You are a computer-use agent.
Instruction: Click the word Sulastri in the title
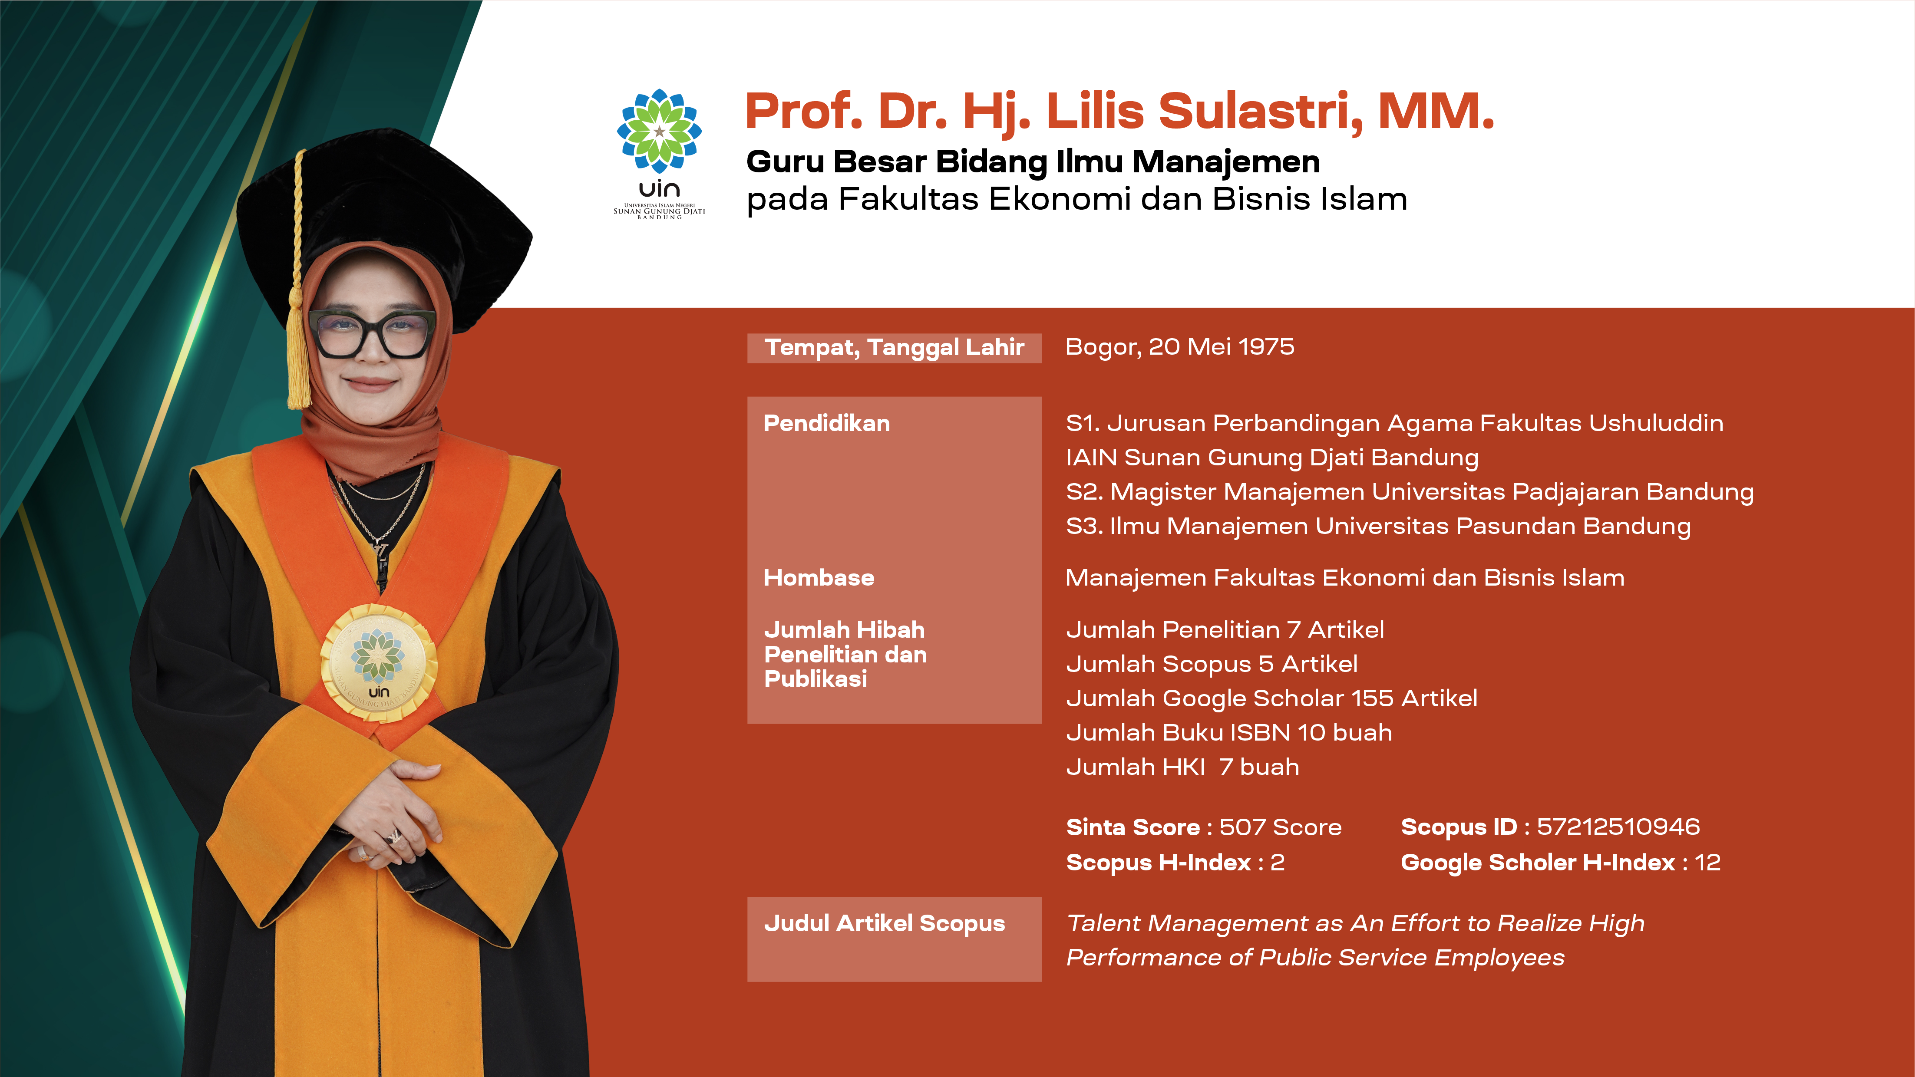[x=1260, y=112]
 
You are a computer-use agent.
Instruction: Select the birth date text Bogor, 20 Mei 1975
[x=1180, y=347]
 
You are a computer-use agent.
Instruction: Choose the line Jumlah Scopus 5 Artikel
[x=1212, y=664]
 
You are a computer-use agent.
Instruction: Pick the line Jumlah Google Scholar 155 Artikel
[x=1271, y=698]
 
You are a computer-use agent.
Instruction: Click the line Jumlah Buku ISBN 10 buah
[x=1229, y=732]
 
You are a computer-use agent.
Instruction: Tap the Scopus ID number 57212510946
[x=1618, y=827]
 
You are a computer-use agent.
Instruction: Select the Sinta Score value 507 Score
[x=1280, y=827]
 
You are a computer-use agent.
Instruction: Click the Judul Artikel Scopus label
[x=884, y=924]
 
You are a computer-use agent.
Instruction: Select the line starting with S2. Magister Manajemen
[x=1410, y=492]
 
